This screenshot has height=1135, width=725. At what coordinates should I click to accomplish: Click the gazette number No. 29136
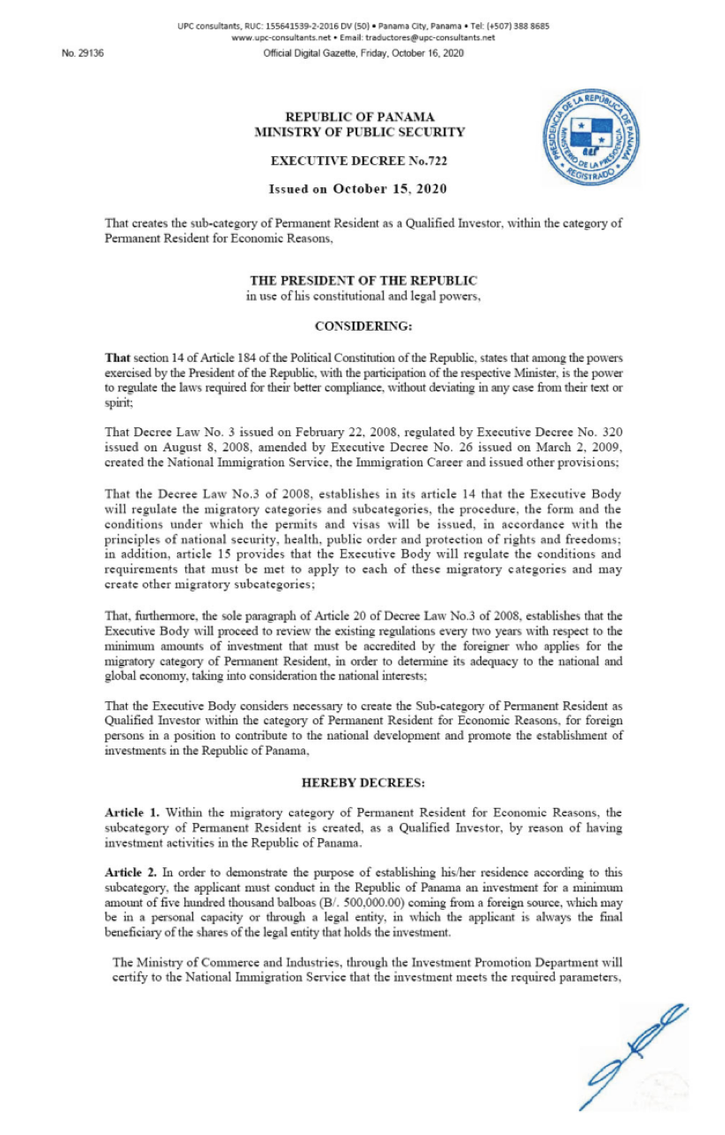pyautogui.click(x=83, y=53)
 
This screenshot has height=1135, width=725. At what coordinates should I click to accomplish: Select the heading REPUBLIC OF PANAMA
pyautogui.click(x=359, y=117)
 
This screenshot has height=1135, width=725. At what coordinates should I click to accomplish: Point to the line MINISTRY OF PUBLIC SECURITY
pyautogui.click(x=359, y=132)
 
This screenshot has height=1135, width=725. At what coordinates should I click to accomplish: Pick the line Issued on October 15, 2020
pyautogui.click(x=358, y=189)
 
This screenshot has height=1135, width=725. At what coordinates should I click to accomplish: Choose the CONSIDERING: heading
pyautogui.click(x=363, y=326)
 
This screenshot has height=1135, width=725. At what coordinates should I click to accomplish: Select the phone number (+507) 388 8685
pyautogui.click(x=517, y=26)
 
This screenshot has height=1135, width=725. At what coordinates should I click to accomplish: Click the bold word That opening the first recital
pyautogui.click(x=117, y=357)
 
